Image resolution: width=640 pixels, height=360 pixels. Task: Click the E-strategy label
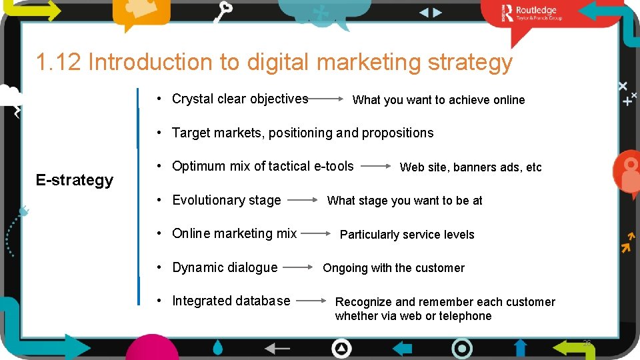[x=75, y=180]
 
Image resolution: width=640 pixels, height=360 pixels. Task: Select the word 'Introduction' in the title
[x=151, y=62]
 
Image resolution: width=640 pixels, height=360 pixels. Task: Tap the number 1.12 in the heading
[x=58, y=62]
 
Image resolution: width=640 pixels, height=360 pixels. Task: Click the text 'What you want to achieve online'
[x=439, y=100]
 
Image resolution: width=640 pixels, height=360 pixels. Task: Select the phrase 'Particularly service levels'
[x=407, y=235]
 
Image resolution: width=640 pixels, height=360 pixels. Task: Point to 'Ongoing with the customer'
[x=393, y=268]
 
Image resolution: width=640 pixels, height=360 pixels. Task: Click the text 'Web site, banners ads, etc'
[x=471, y=167]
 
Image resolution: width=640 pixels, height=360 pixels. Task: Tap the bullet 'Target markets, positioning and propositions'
[x=303, y=133]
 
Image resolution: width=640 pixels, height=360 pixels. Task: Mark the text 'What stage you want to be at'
[x=405, y=201]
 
